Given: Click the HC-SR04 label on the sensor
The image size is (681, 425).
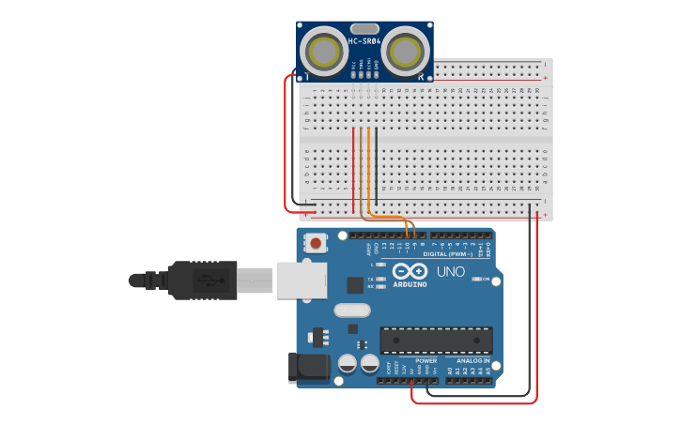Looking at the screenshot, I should tap(364, 41).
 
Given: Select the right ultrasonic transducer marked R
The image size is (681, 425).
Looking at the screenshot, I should tap(405, 49).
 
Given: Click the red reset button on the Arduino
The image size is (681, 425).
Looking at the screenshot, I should tap(316, 243).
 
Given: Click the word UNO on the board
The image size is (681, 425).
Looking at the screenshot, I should tap(451, 272).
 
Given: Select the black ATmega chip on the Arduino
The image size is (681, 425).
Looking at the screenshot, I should tap(436, 340).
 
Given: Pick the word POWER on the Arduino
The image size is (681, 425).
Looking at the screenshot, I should tap(426, 360).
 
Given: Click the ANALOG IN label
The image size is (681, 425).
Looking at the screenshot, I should tap(472, 360).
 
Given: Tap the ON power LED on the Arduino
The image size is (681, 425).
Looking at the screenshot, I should tap(475, 279).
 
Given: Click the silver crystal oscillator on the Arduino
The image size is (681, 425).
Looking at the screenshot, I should tap(352, 310).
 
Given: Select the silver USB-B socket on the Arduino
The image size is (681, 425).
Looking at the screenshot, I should tap(302, 280).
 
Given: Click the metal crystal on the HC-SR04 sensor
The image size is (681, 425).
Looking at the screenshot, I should tap(365, 28).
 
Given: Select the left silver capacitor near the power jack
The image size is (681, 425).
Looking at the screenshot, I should tap(347, 362).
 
